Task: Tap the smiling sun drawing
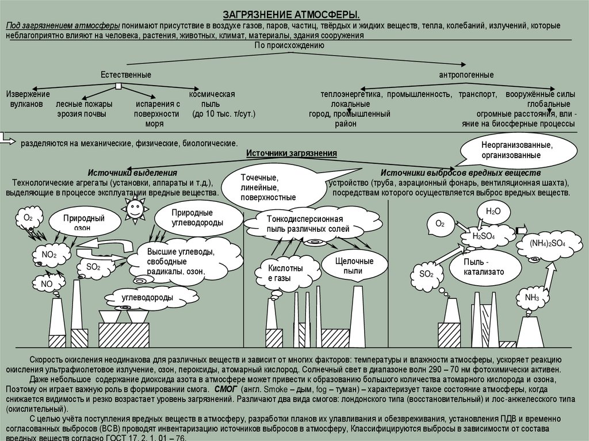coord(135,209)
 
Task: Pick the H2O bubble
coord(494,212)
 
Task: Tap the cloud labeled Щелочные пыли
coord(354,266)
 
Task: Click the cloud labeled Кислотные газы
coord(284,273)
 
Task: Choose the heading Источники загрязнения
coord(291,153)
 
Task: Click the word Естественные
coord(126,75)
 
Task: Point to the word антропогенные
coord(466,75)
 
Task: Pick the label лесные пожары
coord(84,104)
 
